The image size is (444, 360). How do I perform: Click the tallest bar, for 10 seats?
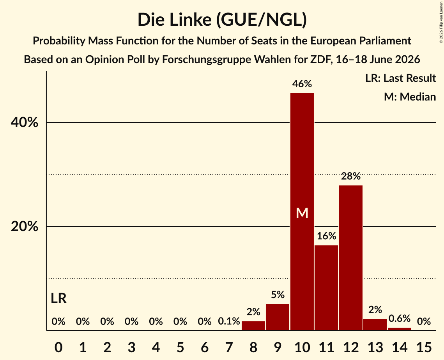tap(302, 212)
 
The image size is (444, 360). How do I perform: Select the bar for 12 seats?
tap(350, 258)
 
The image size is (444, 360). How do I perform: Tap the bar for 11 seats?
tap(326, 288)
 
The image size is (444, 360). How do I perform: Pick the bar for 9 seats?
tap(278, 317)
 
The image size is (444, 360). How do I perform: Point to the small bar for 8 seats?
tap(253, 325)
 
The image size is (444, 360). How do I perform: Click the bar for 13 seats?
tap(375, 324)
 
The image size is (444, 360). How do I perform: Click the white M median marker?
tap(302, 213)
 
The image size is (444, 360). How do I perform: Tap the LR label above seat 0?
tap(58, 298)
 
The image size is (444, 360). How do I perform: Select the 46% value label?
tap(302, 84)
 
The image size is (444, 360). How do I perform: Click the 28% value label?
tap(351, 176)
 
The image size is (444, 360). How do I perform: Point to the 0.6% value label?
tap(399, 318)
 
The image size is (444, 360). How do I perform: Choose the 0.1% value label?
tap(229, 321)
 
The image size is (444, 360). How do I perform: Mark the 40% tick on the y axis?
tap(24, 122)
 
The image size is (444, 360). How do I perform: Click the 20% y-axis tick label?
tap(24, 226)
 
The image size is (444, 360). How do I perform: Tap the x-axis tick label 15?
tap(424, 347)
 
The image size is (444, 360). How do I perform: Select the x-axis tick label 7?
tap(229, 347)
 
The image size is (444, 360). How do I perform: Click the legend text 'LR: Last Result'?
tap(400, 78)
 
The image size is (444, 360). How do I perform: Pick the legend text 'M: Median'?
tap(410, 97)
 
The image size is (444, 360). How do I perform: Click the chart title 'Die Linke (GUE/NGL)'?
tap(222, 20)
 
